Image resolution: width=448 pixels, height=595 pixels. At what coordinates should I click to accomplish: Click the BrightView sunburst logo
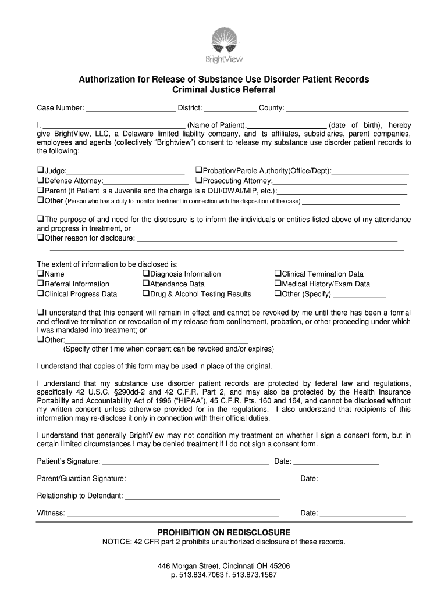224,41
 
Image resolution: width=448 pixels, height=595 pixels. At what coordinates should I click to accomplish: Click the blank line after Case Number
130,108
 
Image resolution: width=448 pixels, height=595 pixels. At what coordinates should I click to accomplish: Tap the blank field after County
347,108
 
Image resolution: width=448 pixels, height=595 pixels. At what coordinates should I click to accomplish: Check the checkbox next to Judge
41,171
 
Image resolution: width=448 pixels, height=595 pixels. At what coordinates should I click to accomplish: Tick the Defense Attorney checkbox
41,181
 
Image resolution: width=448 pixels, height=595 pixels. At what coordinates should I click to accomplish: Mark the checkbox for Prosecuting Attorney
198,181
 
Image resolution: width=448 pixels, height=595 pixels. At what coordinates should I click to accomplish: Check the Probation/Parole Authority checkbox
198,171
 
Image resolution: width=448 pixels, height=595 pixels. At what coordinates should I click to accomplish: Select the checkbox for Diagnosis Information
146,274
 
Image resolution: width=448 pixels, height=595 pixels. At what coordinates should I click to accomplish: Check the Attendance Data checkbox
146,284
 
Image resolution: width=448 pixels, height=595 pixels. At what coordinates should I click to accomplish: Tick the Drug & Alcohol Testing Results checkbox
146,293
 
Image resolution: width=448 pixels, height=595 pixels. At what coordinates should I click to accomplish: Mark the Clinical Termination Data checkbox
278,274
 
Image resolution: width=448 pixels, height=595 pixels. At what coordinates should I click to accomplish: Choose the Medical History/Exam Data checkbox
278,284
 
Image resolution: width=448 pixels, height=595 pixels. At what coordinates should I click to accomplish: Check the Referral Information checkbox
41,284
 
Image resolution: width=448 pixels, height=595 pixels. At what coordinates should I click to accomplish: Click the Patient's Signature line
185,462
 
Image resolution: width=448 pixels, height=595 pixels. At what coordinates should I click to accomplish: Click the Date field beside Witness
362,514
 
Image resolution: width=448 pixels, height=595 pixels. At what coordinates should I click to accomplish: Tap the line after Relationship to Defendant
202,496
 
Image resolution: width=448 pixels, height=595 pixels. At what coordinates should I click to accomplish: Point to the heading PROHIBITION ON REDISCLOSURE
224,532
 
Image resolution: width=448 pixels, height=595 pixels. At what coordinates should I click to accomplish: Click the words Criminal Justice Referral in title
224,90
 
